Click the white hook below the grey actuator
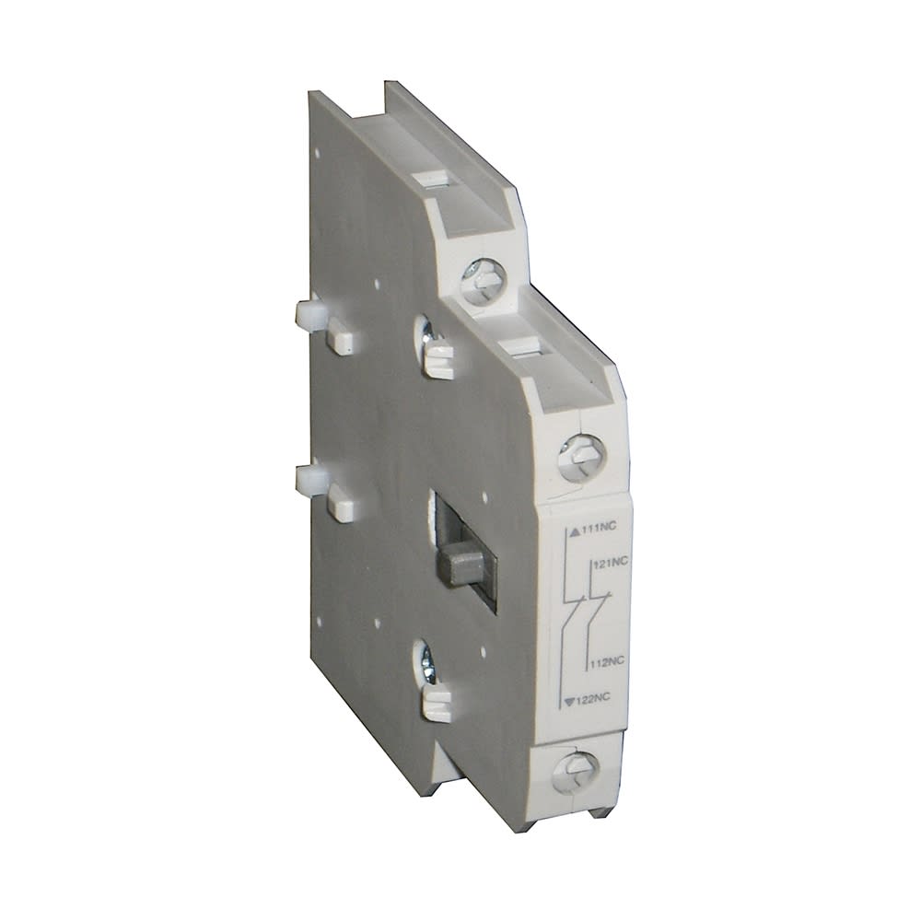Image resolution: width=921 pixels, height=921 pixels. point(439,704)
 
